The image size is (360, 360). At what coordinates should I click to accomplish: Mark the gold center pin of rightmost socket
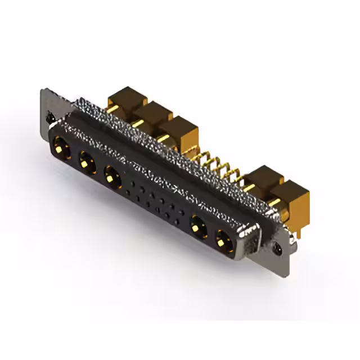pos(223,239)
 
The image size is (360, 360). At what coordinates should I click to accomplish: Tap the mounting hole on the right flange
pos(277,246)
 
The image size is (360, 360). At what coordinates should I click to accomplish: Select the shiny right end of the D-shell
pos(250,239)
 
